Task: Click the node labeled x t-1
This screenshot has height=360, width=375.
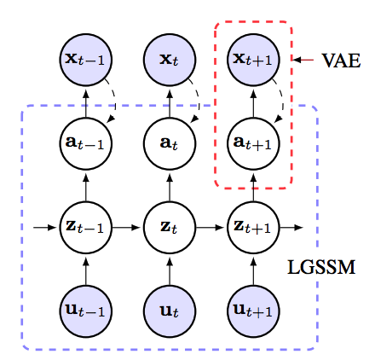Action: pyautogui.click(x=86, y=60)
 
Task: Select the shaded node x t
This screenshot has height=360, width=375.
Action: pyautogui.click(x=170, y=60)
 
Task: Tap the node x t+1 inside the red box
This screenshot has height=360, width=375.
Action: pyautogui.click(x=253, y=60)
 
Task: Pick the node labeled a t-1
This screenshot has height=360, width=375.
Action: pyautogui.click(x=86, y=143)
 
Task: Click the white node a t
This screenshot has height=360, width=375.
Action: pyautogui.click(x=170, y=143)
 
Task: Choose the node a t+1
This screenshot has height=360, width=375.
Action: pyautogui.click(x=253, y=143)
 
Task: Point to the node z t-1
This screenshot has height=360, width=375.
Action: pyautogui.click(x=86, y=228)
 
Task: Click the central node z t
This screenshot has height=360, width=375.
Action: pyautogui.click(x=170, y=228)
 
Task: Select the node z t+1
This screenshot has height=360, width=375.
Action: pyautogui.click(x=253, y=228)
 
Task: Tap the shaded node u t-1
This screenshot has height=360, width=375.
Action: pyautogui.click(x=86, y=311)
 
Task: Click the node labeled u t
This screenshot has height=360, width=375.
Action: pyautogui.click(x=170, y=311)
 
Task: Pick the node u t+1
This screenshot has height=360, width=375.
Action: pyautogui.click(x=253, y=311)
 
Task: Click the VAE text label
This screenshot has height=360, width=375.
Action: pyautogui.click(x=341, y=61)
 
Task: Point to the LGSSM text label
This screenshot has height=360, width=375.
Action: pyautogui.click(x=321, y=267)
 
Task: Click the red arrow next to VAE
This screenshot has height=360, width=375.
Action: pyautogui.click(x=303, y=60)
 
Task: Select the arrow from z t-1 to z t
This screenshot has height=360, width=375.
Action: pyautogui.click(x=126, y=228)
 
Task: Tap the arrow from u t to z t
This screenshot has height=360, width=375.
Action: pyautogui.click(x=170, y=271)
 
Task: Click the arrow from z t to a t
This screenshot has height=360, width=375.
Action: pyautogui.click(x=170, y=188)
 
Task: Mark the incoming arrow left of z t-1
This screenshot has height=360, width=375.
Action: pyautogui.click(x=45, y=228)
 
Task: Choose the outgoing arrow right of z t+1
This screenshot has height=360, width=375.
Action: pyautogui.click(x=291, y=228)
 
